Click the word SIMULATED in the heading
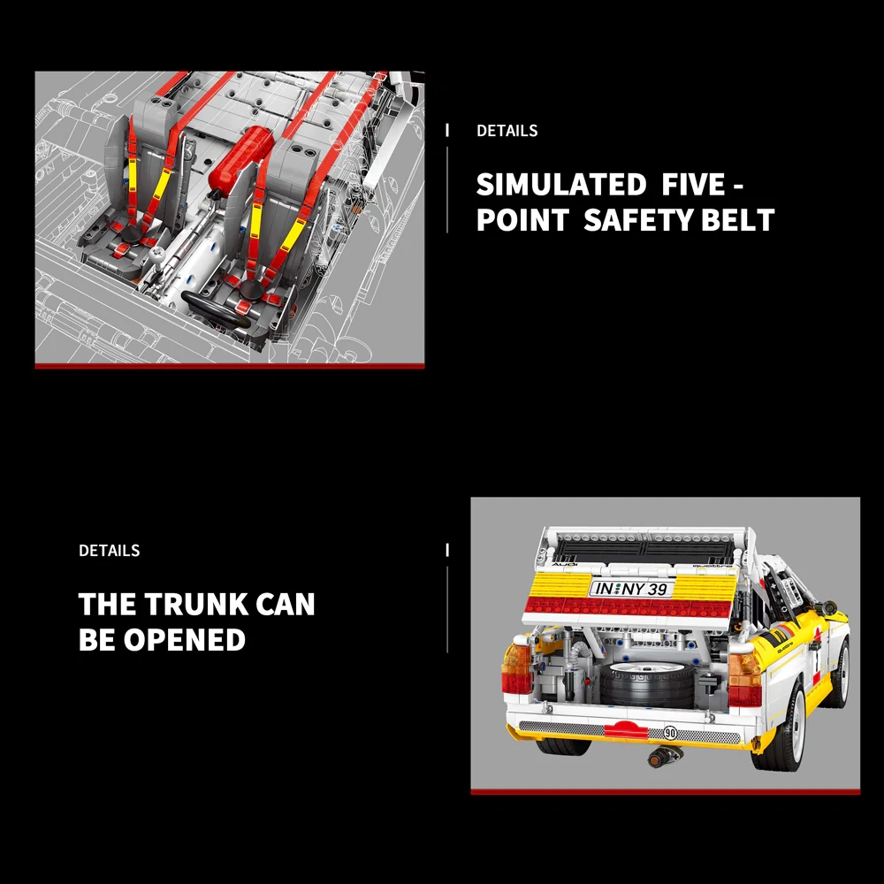coord(561,185)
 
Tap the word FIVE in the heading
coord(693,185)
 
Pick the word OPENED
coord(185,639)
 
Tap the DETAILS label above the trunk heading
coord(110,550)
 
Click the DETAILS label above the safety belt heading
coord(507,131)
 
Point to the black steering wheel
coord(217,310)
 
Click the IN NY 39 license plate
coord(631,589)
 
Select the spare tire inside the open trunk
coord(647,682)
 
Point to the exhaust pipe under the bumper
coord(663,755)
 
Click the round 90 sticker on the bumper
coord(670,732)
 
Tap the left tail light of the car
coord(516,668)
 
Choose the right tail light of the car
coord(745,680)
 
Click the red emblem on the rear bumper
coord(626,728)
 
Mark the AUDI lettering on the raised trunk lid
coord(564,564)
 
